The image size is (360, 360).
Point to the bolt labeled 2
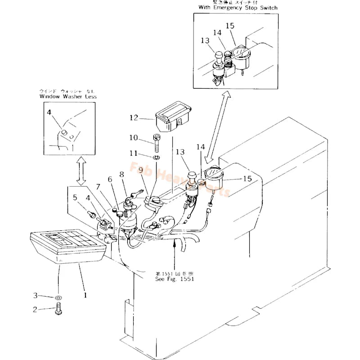coord(58,310)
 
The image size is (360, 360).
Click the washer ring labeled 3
coord(59,297)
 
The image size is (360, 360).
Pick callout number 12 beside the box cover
coord(134,118)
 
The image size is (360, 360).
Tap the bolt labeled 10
coord(156,143)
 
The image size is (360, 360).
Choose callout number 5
coord(75,197)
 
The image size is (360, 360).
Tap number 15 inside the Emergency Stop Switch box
coord(230,26)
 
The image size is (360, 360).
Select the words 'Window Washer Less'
coord(68,96)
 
